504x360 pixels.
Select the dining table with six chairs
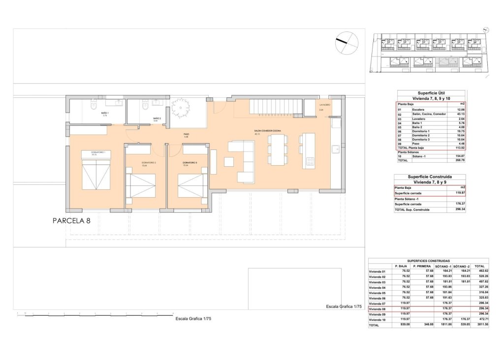click(x=277, y=150)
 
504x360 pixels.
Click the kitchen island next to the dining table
click(x=309, y=150)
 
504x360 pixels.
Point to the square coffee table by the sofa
click(x=229, y=161)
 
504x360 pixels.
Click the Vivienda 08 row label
click(x=379, y=309)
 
